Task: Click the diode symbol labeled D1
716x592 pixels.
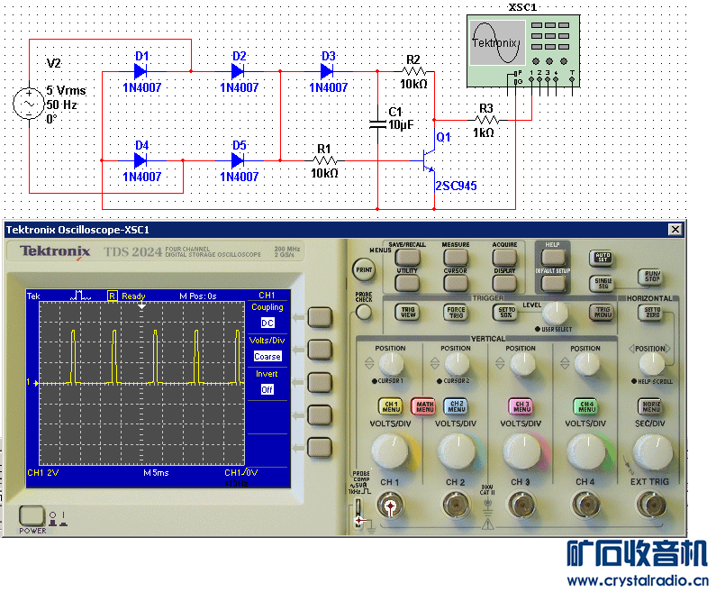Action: click(140, 70)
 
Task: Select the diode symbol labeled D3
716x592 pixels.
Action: click(327, 70)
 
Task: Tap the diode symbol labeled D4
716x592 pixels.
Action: click(140, 160)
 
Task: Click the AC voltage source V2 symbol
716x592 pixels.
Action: click(29, 104)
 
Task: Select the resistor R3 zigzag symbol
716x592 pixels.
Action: click(485, 119)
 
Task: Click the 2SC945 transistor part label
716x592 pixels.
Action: click(455, 186)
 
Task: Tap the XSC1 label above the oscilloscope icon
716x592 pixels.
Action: click(523, 7)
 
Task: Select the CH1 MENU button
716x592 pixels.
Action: click(390, 406)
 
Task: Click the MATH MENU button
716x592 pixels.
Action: click(423, 406)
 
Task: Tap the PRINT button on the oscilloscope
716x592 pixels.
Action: click(364, 269)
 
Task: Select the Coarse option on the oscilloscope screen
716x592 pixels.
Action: click(267, 356)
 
